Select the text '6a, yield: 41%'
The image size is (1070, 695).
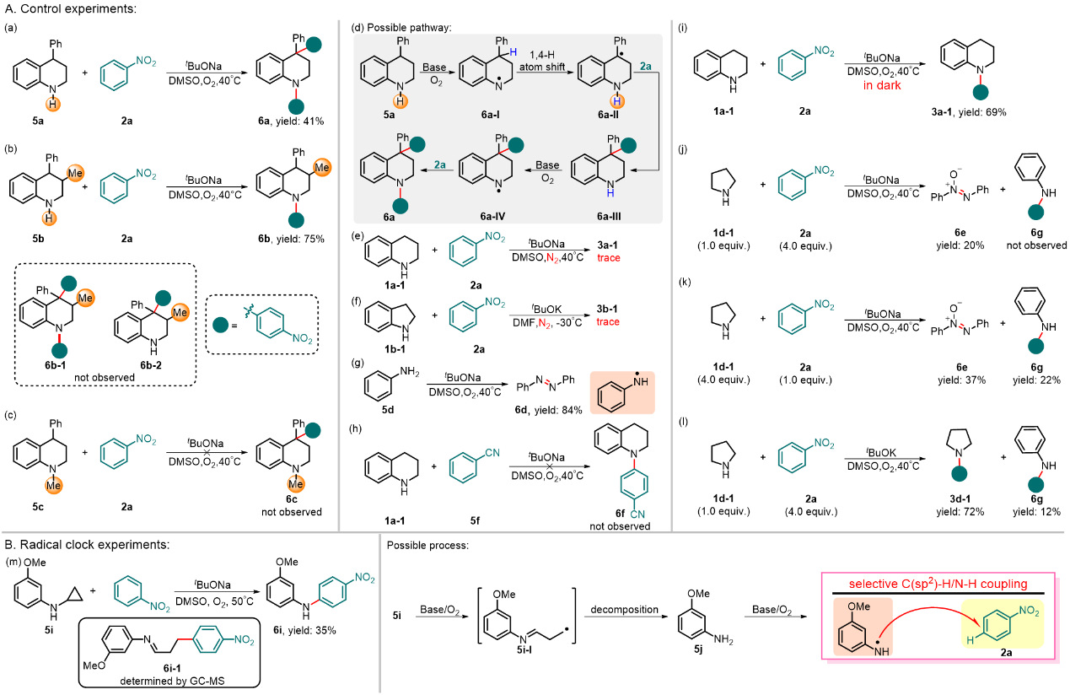coord(298,121)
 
